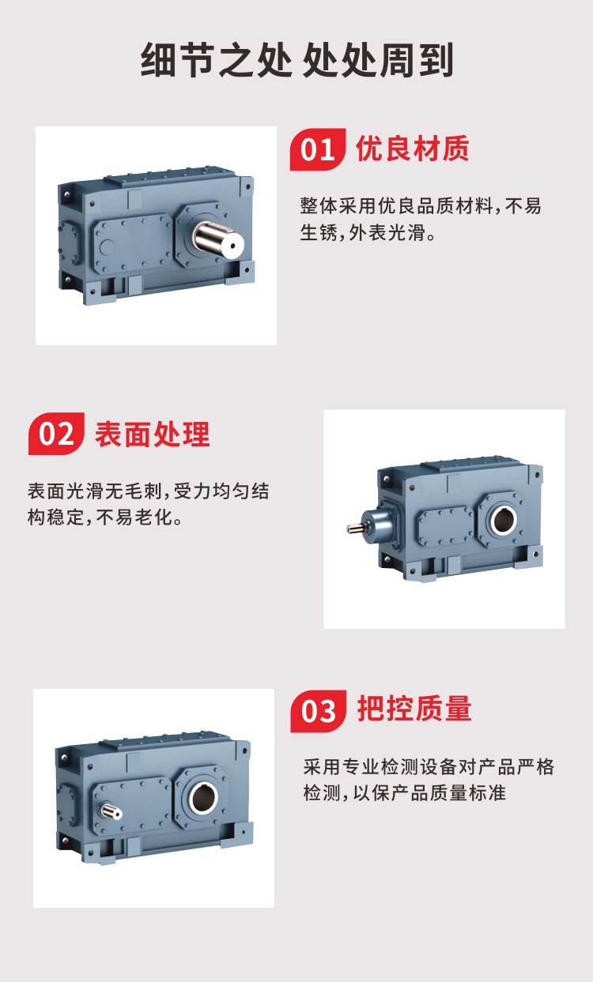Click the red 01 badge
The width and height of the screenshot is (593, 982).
(x=318, y=149)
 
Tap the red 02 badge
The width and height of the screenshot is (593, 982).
(x=56, y=434)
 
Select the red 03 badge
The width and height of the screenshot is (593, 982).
(x=318, y=711)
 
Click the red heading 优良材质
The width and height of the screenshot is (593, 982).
(x=412, y=149)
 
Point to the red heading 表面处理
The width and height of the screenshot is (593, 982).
(x=152, y=434)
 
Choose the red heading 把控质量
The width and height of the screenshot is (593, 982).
(x=414, y=709)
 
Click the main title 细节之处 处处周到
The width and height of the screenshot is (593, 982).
(x=297, y=60)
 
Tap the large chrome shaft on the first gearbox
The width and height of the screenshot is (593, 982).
(x=218, y=241)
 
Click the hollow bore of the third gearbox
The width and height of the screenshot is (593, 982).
(x=203, y=797)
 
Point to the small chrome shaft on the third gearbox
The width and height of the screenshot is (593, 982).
(x=111, y=811)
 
